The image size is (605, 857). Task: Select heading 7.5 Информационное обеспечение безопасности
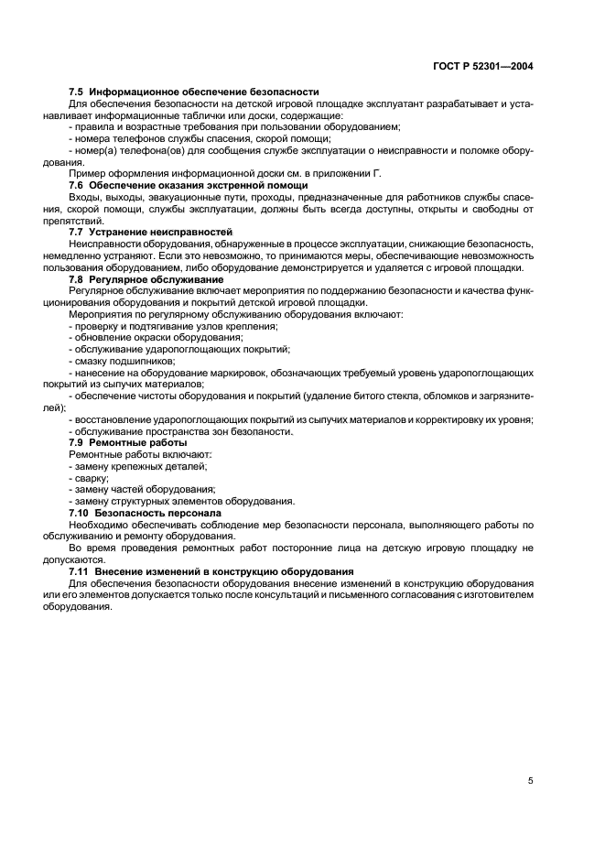[193, 92]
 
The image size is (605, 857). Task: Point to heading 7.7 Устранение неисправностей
[151, 233]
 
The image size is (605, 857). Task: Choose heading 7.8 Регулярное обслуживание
[146, 278]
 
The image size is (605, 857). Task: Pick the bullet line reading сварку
[89, 478]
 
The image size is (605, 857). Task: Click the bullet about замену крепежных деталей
[131, 466]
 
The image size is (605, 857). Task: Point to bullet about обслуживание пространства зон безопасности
[180, 431]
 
